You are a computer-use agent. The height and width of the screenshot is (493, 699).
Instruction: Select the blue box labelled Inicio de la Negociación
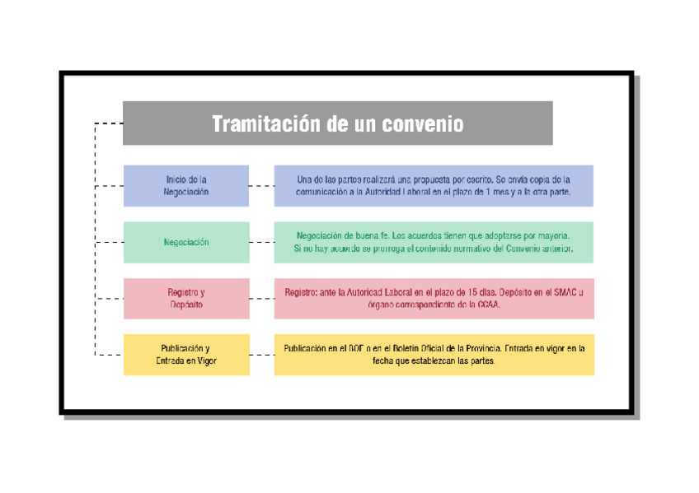point(185,185)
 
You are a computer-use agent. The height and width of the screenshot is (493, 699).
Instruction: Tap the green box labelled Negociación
point(185,242)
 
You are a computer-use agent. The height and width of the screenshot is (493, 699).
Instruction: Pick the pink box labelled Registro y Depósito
point(185,298)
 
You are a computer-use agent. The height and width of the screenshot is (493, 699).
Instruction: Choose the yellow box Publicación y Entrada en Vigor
point(185,354)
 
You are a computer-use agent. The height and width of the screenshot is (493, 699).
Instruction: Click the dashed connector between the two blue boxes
point(261,186)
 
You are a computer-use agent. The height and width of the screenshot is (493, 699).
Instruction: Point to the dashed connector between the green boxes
point(261,243)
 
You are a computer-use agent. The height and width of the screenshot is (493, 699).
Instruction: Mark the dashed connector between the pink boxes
point(261,299)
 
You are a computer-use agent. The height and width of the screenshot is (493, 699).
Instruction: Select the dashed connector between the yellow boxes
point(261,355)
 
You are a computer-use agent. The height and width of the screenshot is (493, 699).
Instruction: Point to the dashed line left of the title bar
point(109,123)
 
